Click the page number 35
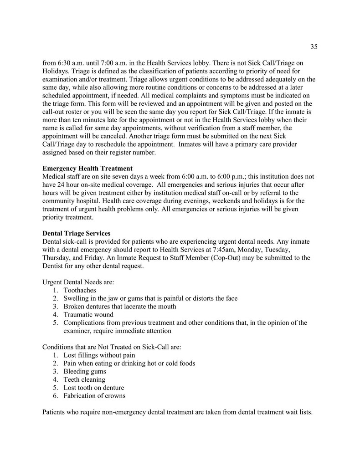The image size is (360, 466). [x=314, y=46]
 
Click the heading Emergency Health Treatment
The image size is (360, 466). [x=87, y=168]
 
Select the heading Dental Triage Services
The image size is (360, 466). [x=76, y=233]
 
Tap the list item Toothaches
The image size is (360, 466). [x=80, y=290]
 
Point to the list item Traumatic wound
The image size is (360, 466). [x=88, y=315]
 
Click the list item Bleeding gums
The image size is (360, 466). [x=85, y=371]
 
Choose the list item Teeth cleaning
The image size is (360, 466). [x=84, y=379]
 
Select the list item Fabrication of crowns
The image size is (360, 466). [x=94, y=396]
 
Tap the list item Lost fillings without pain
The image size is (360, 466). [x=99, y=355]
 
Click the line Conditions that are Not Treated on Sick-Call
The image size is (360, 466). [x=112, y=347]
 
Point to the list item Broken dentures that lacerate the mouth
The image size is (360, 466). [x=120, y=307]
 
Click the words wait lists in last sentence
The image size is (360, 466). [x=298, y=412]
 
